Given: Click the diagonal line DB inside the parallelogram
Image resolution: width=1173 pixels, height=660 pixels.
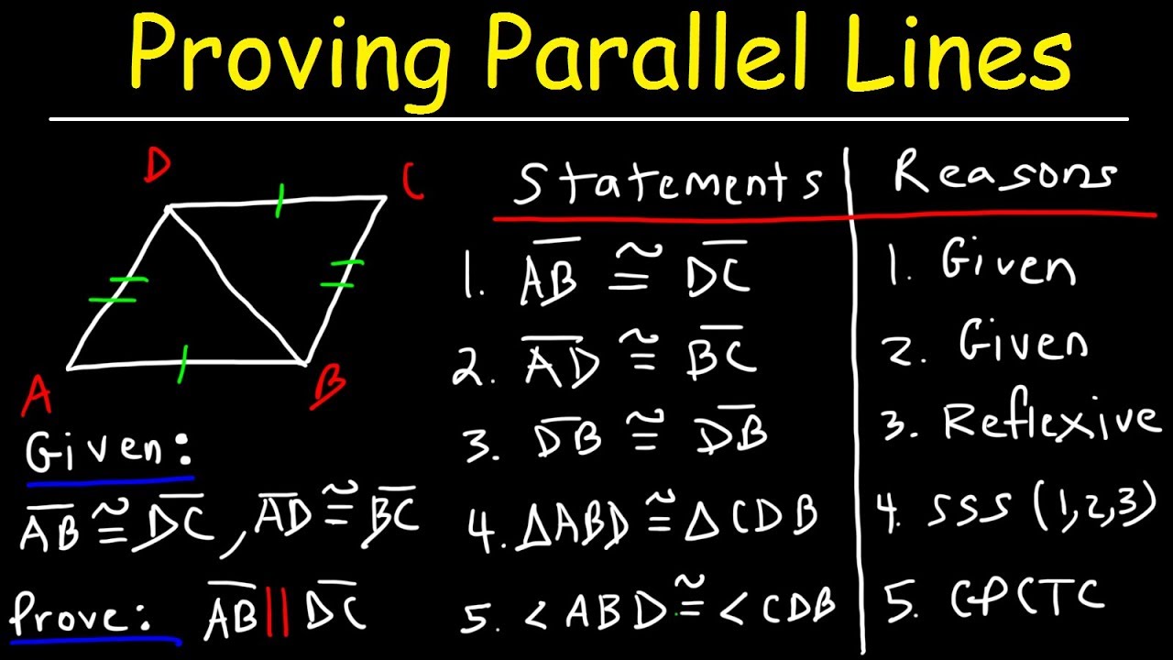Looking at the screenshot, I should click(x=236, y=285).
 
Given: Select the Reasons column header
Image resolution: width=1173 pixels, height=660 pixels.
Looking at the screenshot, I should click(x=1005, y=174).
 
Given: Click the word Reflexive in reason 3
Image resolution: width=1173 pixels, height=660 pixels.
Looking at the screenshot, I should click(x=1050, y=421).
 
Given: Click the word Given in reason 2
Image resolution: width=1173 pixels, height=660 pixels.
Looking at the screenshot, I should click(x=1024, y=343).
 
